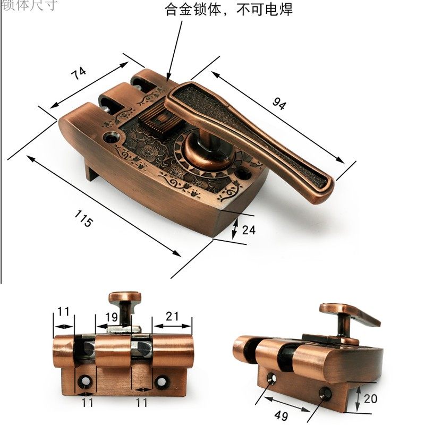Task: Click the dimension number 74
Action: pos(79,73)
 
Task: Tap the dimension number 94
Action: pos(279,103)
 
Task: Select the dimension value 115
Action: pos(84,218)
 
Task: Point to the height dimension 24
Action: pos(249,230)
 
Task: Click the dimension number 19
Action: pos(111,317)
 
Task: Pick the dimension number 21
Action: pos(172,316)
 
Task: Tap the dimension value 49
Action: pos(281,415)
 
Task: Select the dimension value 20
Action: pos(370,399)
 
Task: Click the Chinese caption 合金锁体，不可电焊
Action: pos(229,10)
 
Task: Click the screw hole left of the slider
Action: pos(111,138)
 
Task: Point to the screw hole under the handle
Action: pos(243,174)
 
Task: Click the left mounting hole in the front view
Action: pos(85,381)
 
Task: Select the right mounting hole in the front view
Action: pos(161,381)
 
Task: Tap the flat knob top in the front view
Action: pos(125,297)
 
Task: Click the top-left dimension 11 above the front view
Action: pos(63,312)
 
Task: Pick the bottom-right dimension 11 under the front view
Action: pos(142,403)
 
